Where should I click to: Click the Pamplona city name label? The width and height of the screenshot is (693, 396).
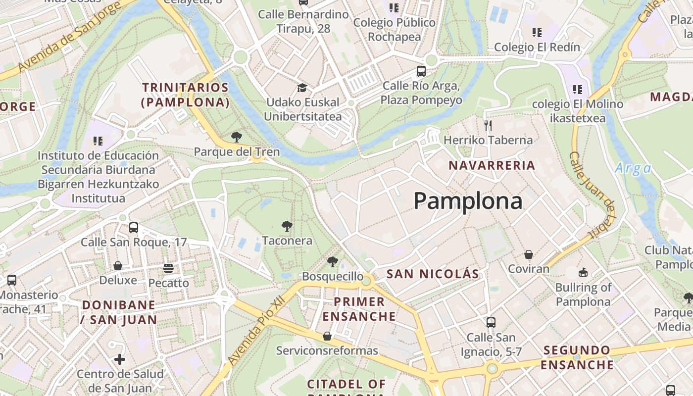(x=468, y=201)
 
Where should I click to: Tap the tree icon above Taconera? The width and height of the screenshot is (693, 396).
(x=287, y=227)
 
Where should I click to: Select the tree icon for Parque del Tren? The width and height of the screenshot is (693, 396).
(x=237, y=137)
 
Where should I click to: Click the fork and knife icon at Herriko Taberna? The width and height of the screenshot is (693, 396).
(x=488, y=125)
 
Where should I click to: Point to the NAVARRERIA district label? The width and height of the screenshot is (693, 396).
(x=492, y=165)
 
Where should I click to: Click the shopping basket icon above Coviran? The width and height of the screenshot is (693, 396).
(x=529, y=254)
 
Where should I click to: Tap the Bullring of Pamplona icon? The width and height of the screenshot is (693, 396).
(x=583, y=273)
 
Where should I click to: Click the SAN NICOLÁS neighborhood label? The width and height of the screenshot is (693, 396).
(x=433, y=274)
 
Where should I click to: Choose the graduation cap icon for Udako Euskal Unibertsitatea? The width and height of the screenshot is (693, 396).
(x=302, y=88)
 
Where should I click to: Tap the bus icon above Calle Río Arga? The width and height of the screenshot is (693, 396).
(x=421, y=71)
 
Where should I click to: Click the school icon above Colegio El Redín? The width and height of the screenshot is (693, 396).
(x=537, y=33)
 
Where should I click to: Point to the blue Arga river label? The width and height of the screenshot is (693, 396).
(x=633, y=168)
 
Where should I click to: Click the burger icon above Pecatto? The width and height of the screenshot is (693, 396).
(x=168, y=268)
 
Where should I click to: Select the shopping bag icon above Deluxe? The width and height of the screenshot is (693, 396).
(x=118, y=266)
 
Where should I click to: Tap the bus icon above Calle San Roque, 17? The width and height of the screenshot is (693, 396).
(x=133, y=228)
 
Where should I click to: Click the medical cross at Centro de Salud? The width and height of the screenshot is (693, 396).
(x=120, y=359)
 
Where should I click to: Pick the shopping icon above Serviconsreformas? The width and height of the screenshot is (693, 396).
(x=327, y=336)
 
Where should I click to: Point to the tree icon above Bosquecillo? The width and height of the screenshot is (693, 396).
(x=332, y=262)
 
